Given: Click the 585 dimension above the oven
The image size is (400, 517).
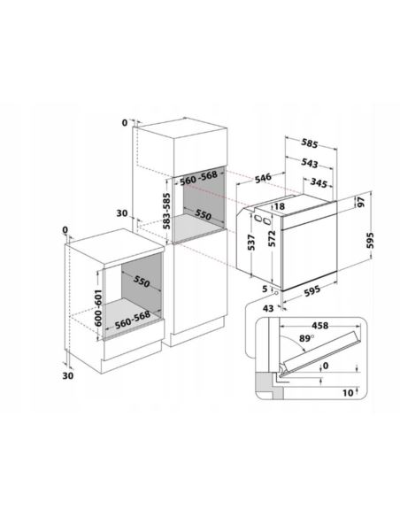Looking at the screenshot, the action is click(x=309, y=143).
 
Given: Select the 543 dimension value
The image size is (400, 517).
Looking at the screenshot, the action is click(x=309, y=163).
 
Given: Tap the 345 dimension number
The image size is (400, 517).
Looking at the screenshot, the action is click(x=319, y=182).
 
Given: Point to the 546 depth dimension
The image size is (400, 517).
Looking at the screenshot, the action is click(x=263, y=177).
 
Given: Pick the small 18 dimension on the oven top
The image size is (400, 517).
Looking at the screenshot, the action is click(x=279, y=207).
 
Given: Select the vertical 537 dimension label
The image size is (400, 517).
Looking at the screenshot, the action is click(x=251, y=243).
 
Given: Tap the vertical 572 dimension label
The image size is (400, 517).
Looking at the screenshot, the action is click(x=272, y=238).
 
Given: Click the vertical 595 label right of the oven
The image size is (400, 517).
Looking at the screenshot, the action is click(x=370, y=241).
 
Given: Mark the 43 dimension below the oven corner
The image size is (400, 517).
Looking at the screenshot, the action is click(x=268, y=309).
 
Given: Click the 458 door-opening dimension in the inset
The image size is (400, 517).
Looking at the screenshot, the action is click(x=320, y=326).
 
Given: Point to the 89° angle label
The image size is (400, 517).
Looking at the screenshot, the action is click(x=306, y=339).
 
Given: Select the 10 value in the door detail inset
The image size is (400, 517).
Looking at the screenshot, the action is click(x=348, y=393).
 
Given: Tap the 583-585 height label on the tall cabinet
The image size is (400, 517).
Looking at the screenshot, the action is click(x=166, y=211).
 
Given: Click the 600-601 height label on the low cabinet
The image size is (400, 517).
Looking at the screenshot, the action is click(x=98, y=308).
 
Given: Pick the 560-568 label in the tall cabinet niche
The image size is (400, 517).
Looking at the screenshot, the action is click(x=198, y=177).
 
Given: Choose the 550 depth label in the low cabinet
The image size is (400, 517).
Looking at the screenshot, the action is click(x=142, y=281).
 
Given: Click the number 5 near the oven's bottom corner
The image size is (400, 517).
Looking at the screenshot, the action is click(x=265, y=289).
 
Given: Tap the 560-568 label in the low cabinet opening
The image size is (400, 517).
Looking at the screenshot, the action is click(x=133, y=319).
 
